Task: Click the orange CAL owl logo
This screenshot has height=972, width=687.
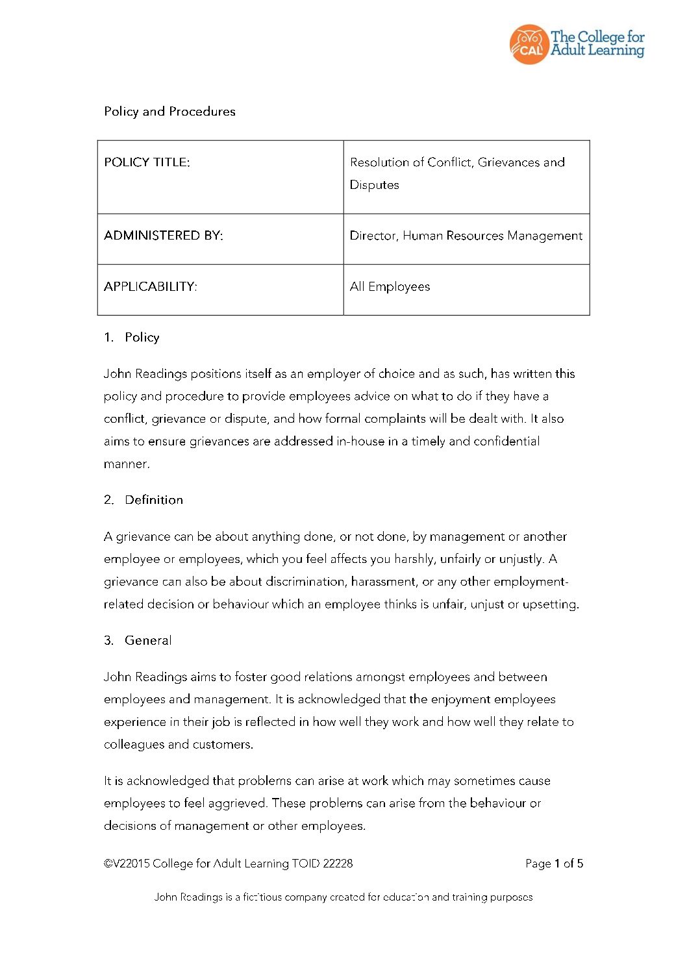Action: click(x=529, y=45)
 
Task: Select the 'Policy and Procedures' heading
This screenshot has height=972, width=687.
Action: click(x=169, y=112)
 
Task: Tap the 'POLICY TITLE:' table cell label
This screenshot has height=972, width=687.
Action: click(x=147, y=162)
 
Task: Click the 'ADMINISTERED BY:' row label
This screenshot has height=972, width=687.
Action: click(x=163, y=236)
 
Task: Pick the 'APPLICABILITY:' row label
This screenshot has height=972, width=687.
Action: click(x=150, y=286)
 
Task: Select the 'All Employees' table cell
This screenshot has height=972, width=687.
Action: click(x=390, y=286)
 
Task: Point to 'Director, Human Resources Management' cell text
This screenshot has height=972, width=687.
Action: click(x=466, y=236)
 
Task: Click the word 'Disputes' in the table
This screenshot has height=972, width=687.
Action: click(x=374, y=185)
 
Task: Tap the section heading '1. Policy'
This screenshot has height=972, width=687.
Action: click(x=132, y=338)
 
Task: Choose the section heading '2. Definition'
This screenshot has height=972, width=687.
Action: click(x=144, y=500)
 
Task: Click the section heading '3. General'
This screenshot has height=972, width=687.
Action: click(x=138, y=640)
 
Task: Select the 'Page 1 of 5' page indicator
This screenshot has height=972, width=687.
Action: click(x=554, y=864)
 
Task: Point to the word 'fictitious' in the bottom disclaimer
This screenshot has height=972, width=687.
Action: click(x=262, y=897)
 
